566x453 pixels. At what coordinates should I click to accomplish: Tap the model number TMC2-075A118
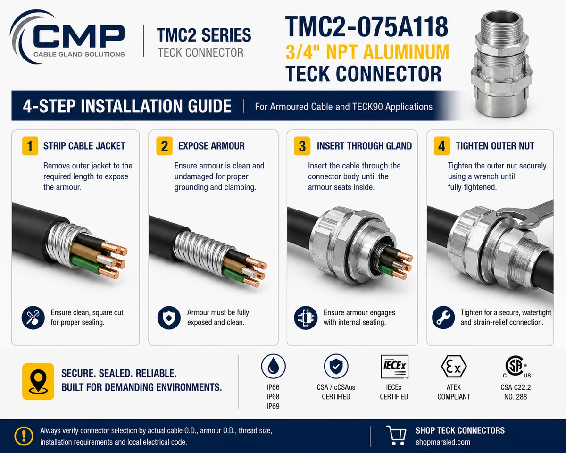click(x=366, y=26)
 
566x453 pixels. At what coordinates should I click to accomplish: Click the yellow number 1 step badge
click(x=30, y=146)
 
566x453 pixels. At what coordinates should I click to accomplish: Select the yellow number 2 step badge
click(x=165, y=146)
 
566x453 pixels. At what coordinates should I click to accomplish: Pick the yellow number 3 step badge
click(x=302, y=146)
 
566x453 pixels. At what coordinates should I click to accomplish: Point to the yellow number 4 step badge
click(x=442, y=146)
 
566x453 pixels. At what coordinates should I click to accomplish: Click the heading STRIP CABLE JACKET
click(x=84, y=146)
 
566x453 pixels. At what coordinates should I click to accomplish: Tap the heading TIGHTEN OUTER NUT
click(x=495, y=146)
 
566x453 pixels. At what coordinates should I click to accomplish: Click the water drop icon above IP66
click(x=273, y=366)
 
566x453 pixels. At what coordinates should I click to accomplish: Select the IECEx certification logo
click(x=394, y=366)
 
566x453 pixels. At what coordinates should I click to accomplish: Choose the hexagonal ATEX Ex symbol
click(x=454, y=367)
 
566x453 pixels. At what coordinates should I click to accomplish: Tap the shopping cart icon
click(x=396, y=435)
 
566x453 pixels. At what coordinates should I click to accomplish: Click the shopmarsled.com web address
click(x=443, y=442)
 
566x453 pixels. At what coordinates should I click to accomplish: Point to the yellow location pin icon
click(x=38, y=381)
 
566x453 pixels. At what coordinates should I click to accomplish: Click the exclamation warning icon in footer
click(x=24, y=436)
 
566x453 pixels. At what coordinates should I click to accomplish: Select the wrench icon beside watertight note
click(x=443, y=318)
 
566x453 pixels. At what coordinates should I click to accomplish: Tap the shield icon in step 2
click(x=169, y=318)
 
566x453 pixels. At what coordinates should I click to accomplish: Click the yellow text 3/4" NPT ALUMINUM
click(x=367, y=52)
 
